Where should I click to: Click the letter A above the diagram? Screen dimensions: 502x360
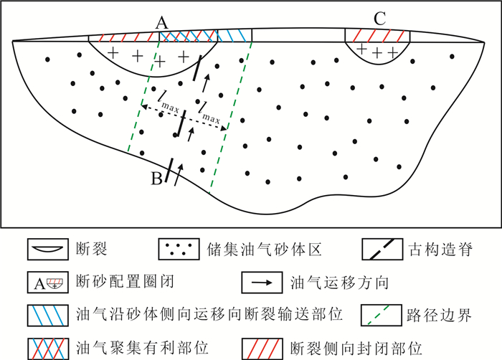[x=162, y=24]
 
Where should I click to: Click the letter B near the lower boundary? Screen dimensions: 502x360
[x=156, y=179]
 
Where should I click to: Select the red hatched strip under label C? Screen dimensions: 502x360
[x=377, y=35]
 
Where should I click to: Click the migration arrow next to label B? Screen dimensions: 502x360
[x=179, y=171]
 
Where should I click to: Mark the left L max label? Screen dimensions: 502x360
[x=166, y=101]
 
